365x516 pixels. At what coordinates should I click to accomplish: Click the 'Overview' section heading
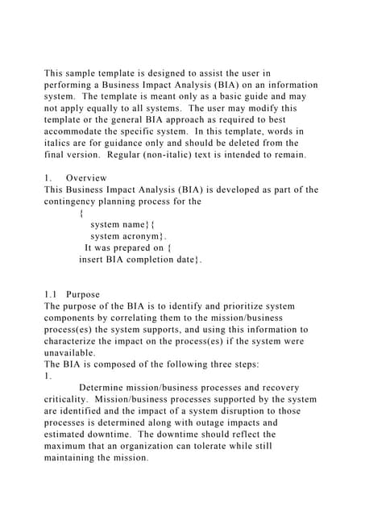[86, 178]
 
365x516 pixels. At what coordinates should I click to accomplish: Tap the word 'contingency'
[73, 202]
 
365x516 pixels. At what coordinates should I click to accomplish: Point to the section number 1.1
[51, 295]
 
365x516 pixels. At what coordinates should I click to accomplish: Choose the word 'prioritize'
[232, 306]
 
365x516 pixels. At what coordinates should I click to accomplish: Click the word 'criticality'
[69, 400]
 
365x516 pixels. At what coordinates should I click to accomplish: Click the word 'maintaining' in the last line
[76, 458]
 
